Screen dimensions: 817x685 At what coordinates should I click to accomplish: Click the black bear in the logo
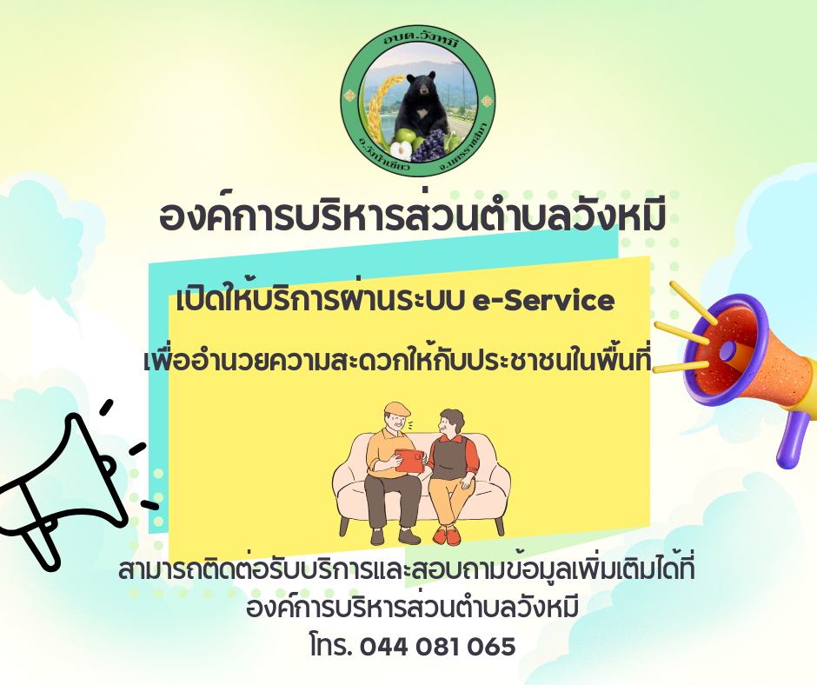coord(421,107)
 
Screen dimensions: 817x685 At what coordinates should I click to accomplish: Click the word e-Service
coord(543,300)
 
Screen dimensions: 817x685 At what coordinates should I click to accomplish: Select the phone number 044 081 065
coord(438,647)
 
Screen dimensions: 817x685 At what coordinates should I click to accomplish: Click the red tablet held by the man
coord(409,461)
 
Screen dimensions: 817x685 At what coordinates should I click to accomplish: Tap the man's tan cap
coord(396,409)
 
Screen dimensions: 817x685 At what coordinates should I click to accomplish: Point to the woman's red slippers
coord(447,535)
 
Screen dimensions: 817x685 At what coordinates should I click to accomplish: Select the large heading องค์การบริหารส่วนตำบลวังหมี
coord(412,216)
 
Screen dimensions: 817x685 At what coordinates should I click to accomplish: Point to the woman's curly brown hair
coord(452,418)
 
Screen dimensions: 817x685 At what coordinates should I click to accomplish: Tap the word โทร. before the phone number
coord(331,646)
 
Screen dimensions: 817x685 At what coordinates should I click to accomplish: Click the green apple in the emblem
coord(405,136)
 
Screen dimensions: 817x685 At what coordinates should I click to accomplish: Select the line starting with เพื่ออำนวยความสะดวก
coord(397,359)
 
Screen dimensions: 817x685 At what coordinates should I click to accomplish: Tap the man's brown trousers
coord(392,502)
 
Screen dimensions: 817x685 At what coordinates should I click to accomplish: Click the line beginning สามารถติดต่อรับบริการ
coord(407,570)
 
